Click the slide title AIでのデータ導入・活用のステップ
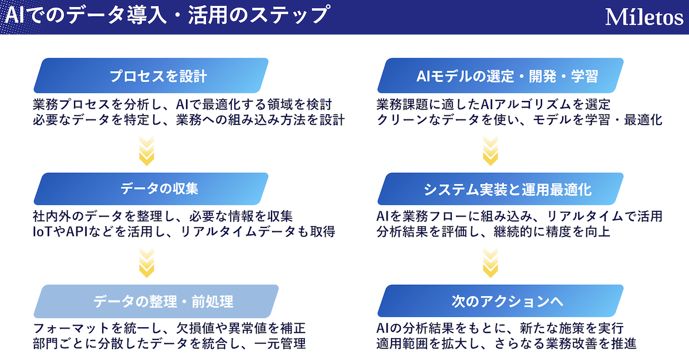[x=168, y=15]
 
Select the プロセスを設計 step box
[x=151, y=75]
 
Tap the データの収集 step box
[x=151, y=189]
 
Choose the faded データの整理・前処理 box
[x=156, y=301]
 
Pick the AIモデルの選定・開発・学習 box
[x=501, y=75]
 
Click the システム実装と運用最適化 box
[x=501, y=189]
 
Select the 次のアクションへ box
[x=501, y=301]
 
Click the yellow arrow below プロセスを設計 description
[x=147, y=151]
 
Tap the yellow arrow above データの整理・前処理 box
[x=147, y=263]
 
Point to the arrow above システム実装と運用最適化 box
[x=490, y=151]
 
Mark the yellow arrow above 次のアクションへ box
[x=490, y=263]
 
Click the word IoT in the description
[x=42, y=232]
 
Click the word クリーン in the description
[x=402, y=119]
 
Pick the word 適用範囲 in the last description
[x=402, y=344]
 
